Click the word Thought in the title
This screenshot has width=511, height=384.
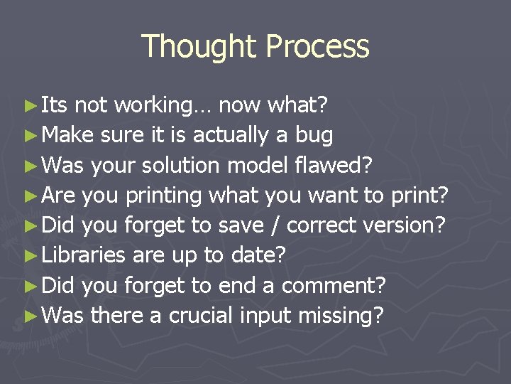point(199,47)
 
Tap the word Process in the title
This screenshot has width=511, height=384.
point(317,47)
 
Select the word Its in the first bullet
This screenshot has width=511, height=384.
point(55,105)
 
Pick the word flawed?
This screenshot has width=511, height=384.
point(331,165)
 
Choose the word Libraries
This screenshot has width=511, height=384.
point(84,255)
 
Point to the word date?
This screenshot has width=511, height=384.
point(258,255)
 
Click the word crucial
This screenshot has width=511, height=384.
point(201,315)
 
